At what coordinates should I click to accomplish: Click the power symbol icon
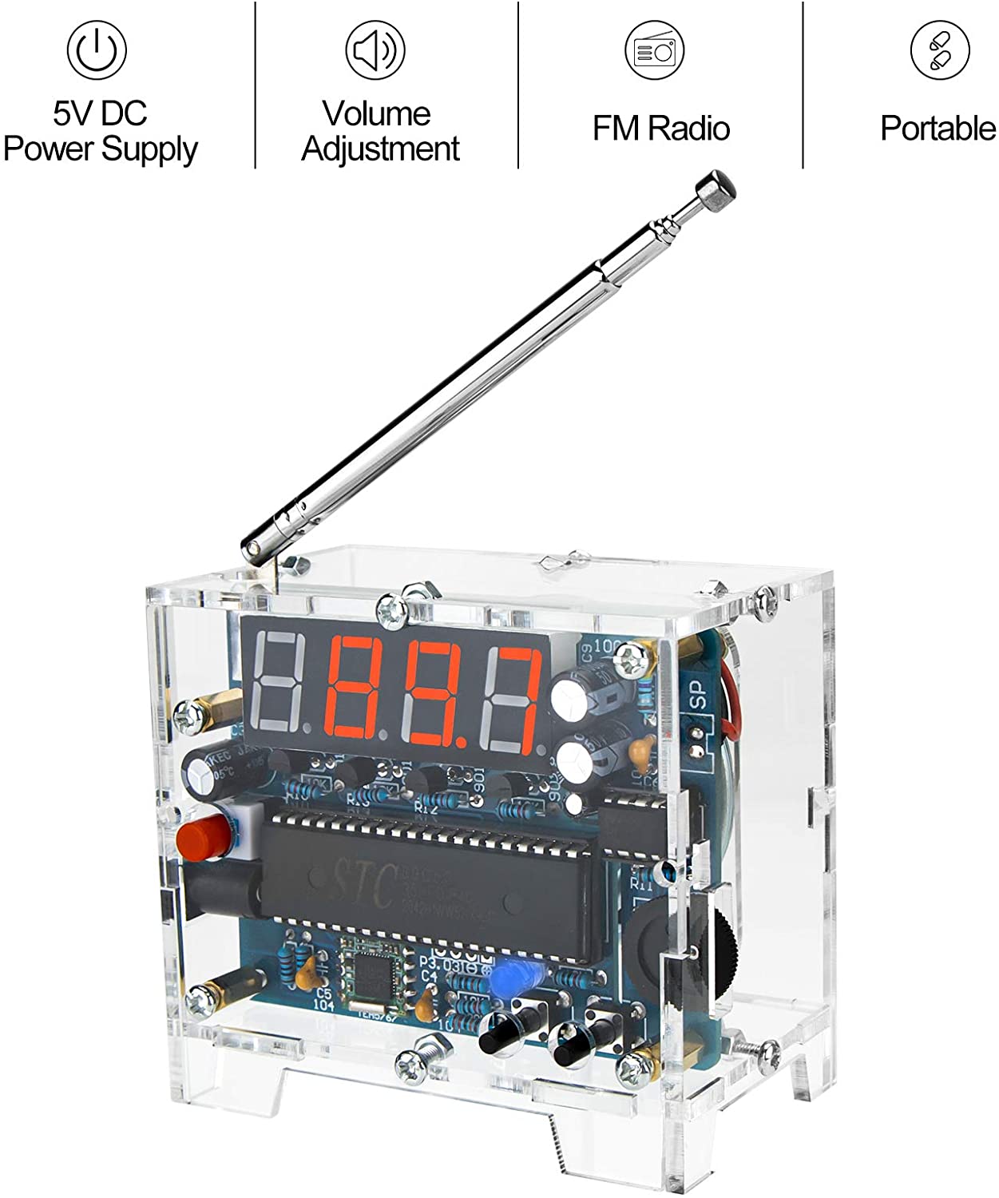(x=97, y=50)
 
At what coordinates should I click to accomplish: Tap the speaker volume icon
(x=375, y=50)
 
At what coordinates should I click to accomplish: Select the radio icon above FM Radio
(x=654, y=50)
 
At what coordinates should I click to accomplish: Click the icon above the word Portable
(x=940, y=50)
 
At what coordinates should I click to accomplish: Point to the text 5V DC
(x=101, y=113)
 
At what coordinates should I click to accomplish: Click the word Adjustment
(x=381, y=149)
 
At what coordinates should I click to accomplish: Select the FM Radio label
(x=661, y=129)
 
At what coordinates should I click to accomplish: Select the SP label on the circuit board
(x=699, y=694)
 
